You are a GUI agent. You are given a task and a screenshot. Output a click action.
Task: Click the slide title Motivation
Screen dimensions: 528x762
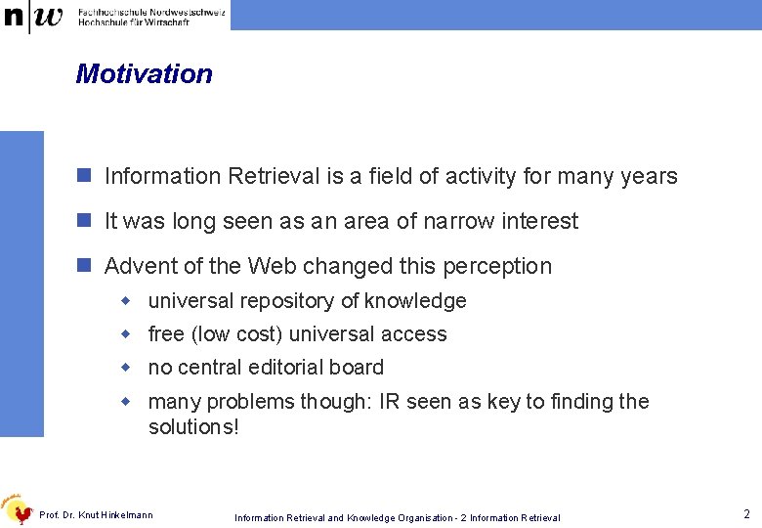point(144,74)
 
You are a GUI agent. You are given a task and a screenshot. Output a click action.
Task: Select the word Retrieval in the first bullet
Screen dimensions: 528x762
point(274,177)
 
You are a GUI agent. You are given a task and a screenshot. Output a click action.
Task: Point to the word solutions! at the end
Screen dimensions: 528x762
point(193,427)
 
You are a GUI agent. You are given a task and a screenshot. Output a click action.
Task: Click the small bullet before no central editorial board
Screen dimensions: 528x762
point(125,368)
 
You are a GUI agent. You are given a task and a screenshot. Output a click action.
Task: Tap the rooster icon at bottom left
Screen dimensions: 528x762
point(19,508)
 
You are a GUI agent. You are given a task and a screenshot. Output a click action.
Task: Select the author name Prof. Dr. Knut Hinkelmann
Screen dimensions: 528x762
point(96,515)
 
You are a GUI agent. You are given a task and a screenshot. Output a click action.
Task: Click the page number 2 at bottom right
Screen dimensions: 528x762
point(745,514)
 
